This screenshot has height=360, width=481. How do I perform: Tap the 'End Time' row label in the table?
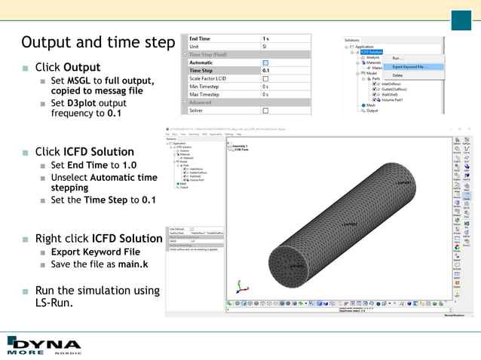pos(201,38)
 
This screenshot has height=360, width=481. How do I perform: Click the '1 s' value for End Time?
pos(266,38)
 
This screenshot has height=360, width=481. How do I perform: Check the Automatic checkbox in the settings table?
pos(265,63)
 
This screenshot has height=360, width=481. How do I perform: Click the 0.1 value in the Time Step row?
pos(266,70)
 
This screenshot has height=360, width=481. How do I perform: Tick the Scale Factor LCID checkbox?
pos(265,78)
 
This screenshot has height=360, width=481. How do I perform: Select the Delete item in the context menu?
pos(398,75)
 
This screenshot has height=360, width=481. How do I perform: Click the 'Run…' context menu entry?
pos(398,58)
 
